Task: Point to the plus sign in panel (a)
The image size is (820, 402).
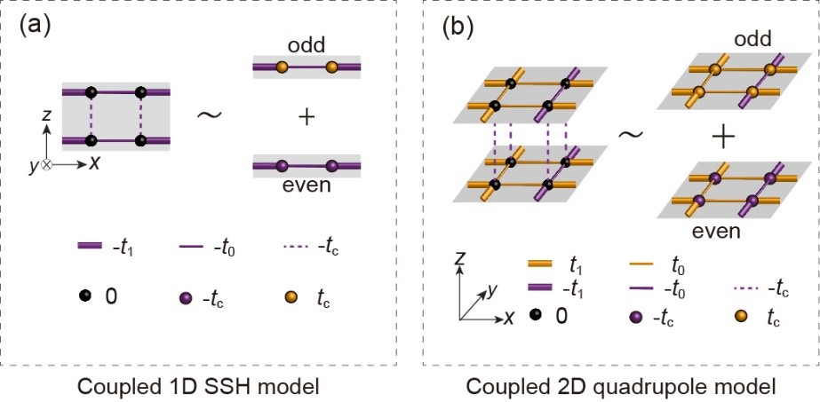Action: coord(307,116)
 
